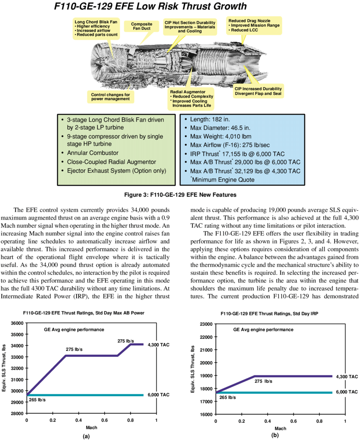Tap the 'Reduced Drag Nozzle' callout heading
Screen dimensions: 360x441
(249, 21)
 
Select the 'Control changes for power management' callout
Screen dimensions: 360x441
(111, 97)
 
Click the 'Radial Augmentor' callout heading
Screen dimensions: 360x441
(188, 92)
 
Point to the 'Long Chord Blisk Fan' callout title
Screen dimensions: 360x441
(96, 22)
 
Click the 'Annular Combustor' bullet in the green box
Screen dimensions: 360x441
(93, 153)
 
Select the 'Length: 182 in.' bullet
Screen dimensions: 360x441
(210, 119)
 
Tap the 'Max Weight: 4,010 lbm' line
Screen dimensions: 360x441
(221, 136)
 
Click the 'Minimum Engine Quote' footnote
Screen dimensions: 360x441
(223, 180)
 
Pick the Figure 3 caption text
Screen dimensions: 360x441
(180, 195)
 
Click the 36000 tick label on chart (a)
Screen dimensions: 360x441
(17, 323)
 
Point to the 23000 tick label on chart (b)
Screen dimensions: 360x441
(206, 324)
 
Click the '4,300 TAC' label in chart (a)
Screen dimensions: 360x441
(158, 345)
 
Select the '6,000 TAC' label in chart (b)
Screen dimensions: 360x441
(347, 392)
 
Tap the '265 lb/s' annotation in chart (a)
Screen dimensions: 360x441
(37, 400)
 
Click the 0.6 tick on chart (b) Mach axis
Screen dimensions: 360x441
(293, 421)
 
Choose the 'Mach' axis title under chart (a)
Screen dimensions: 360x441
(91, 427)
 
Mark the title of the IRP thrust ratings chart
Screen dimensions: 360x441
(269, 313)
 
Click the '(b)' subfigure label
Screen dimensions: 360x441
(275, 435)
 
